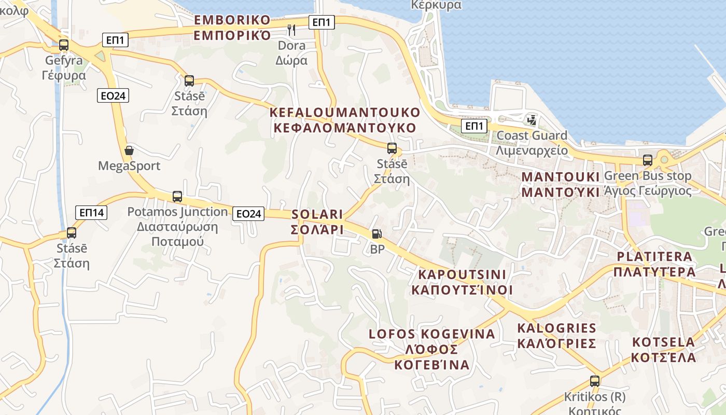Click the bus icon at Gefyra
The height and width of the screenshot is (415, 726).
[64, 45]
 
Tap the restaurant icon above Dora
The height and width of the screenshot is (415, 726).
[291, 30]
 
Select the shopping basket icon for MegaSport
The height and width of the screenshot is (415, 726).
[129, 151]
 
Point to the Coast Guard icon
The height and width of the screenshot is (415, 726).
[532, 120]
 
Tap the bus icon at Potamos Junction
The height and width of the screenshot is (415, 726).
[177, 197]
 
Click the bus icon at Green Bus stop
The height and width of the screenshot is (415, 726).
[647, 160]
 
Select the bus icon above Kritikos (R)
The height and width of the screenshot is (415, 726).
[595, 381]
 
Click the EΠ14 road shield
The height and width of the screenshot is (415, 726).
[92, 212]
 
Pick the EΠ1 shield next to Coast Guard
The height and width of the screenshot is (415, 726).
[474, 126]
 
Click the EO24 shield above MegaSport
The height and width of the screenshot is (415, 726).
[113, 95]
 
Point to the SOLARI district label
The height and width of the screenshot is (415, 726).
[317, 222]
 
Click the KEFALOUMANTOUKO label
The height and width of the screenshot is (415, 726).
[345, 120]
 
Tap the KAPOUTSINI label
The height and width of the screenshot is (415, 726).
[462, 282]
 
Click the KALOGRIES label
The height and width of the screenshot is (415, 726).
[557, 336]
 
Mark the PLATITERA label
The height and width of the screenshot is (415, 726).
[654, 264]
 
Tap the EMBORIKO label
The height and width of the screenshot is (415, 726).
[232, 27]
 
